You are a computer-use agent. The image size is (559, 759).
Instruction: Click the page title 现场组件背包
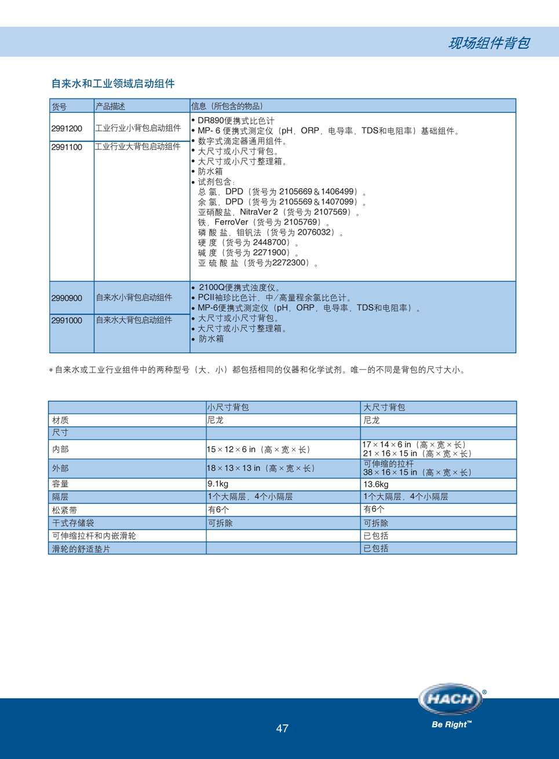coord(488,43)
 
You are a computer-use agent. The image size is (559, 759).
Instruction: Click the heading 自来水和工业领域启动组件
coord(113,83)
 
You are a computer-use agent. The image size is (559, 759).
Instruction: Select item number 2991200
coord(67,128)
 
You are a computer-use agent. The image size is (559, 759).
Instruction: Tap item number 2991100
coord(67,147)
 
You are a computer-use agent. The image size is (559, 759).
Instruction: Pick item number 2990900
coord(67,298)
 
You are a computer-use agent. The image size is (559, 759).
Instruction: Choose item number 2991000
coord(67,320)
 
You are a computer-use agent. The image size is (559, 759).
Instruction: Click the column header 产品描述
coord(110,106)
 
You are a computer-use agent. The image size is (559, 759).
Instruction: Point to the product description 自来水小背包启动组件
coord(134,298)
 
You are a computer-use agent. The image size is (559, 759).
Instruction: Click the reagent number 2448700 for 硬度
coord(271,242)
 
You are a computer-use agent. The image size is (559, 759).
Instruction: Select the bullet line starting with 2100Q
coord(239,287)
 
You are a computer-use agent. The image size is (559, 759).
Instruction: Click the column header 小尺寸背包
coord(228,407)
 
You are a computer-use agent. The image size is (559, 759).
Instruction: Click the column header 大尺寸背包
coord(384,407)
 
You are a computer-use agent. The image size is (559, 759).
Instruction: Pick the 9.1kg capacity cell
coord(218,484)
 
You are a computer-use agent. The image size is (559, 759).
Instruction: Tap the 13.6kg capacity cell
coord(376,484)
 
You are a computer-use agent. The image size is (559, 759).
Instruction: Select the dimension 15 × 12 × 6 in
coord(232,449)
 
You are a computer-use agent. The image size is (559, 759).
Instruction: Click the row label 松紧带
coord(64,510)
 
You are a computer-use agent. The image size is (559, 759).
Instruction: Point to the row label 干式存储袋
coord(73,523)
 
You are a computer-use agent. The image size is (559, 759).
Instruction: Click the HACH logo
coord(451,699)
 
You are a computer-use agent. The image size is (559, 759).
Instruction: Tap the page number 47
coord(282,728)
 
